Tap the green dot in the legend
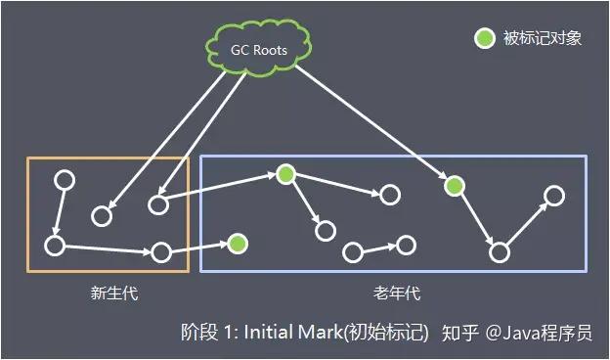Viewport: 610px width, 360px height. click(484, 38)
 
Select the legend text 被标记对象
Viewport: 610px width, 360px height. click(543, 38)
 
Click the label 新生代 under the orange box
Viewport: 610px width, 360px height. click(108, 292)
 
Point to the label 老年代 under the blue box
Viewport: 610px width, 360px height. click(396, 292)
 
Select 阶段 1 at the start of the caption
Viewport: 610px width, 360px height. click(207, 333)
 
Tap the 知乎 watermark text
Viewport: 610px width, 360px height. click(460, 333)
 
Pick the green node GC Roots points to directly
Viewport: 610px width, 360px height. click(454, 186)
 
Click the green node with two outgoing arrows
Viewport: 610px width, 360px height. click(284, 174)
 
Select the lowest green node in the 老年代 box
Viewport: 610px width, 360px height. click(238, 243)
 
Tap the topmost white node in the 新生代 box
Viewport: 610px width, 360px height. click(64, 181)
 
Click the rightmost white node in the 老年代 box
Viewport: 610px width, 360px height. click(554, 197)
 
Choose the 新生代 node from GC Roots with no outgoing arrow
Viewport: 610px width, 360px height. click(101, 215)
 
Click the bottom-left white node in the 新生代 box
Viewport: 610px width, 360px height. click(55, 245)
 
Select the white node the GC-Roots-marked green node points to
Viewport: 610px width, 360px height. click(500, 252)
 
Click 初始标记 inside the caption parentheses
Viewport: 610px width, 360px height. click(392, 333)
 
